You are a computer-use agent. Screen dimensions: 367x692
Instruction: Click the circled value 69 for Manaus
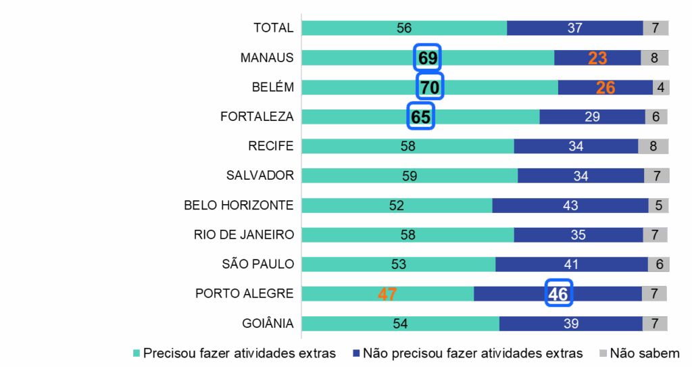(428, 58)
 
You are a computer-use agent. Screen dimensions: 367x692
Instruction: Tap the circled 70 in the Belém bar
(430, 87)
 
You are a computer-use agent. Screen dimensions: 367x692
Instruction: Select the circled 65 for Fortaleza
(420, 117)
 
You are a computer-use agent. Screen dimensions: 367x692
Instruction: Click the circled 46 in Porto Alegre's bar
(558, 293)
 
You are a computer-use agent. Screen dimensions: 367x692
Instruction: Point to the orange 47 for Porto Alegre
(387, 294)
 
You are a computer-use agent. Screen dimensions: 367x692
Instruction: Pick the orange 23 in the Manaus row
(597, 58)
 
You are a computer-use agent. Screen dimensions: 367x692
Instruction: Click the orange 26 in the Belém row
(605, 87)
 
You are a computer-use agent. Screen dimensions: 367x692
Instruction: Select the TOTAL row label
(273, 28)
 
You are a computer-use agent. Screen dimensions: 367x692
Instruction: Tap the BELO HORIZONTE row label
(239, 205)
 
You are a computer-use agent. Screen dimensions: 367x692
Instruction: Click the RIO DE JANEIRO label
(244, 235)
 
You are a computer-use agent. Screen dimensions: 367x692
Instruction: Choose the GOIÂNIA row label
(268, 324)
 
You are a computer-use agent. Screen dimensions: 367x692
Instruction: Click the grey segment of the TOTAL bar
(656, 28)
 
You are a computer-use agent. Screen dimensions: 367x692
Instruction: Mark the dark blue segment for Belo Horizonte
(570, 205)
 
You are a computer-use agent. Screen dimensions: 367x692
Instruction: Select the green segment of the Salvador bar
(410, 176)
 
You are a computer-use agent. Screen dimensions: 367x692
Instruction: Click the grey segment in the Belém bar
(660, 87)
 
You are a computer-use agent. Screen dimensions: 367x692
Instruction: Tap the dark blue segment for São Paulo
(571, 264)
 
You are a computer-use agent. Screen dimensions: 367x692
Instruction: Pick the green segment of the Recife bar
(407, 146)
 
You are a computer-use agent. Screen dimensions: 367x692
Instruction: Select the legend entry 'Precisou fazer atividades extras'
(239, 353)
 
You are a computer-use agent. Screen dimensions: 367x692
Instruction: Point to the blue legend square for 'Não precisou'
(356, 353)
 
